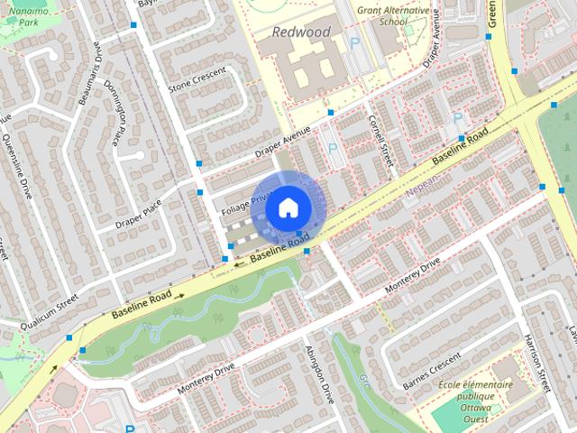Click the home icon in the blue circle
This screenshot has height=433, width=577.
(287, 207)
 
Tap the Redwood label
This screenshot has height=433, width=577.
(301, 32)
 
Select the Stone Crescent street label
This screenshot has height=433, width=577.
(194, 82)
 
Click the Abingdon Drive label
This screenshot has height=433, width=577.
(320, 372)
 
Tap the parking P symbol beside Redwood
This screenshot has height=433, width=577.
(354, 42)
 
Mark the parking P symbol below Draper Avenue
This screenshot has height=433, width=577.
(334, 148)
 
